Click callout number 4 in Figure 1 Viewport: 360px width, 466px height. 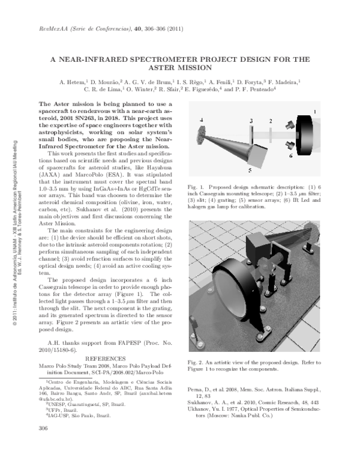coord(202,120)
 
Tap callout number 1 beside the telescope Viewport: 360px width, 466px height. coord(315,112)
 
